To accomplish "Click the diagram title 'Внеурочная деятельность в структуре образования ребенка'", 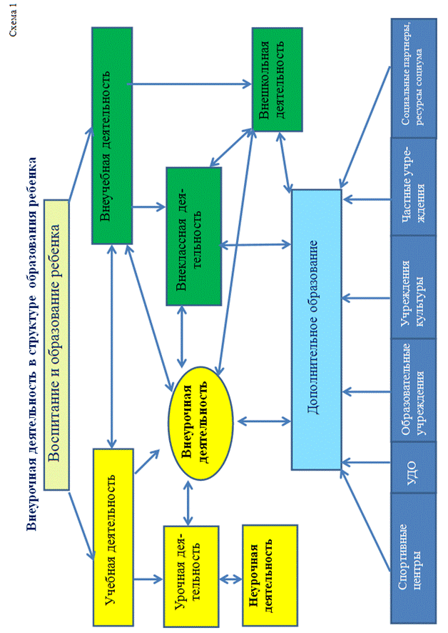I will click(31, 343).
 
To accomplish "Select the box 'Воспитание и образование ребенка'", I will click(56, 345).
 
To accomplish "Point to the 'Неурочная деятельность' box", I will click(268, 577).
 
